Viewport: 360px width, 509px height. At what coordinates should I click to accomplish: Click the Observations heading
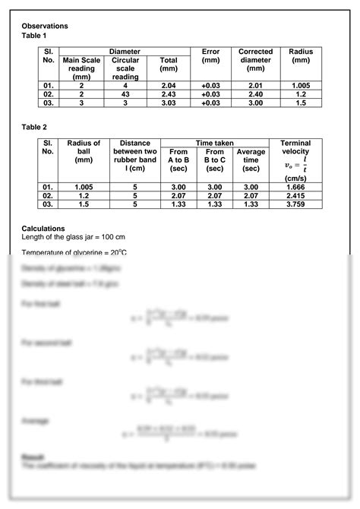[45, 26]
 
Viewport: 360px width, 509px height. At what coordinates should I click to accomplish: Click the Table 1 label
[35, 36]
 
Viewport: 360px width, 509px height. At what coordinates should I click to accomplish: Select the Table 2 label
[35, 128]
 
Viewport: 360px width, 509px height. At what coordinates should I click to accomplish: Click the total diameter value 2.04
[168, 85]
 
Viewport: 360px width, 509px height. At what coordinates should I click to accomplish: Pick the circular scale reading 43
[125, 93]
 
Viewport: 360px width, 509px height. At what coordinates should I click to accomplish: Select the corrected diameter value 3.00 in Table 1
[255, 103]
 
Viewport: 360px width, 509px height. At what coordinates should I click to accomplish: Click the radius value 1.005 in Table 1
[301, 85]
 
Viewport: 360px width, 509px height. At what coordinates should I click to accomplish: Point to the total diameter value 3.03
[168, 103]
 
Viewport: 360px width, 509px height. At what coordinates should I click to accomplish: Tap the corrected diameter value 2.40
[255, 93]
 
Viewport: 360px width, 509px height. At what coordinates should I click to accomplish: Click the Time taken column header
[215, 143]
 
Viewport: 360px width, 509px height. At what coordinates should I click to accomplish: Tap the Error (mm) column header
[211, 55]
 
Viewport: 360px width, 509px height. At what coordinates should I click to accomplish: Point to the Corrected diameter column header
[255, 59]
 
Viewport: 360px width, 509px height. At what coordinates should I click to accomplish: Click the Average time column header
[251, 160]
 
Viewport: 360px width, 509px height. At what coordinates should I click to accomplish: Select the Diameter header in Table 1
[125, 51]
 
